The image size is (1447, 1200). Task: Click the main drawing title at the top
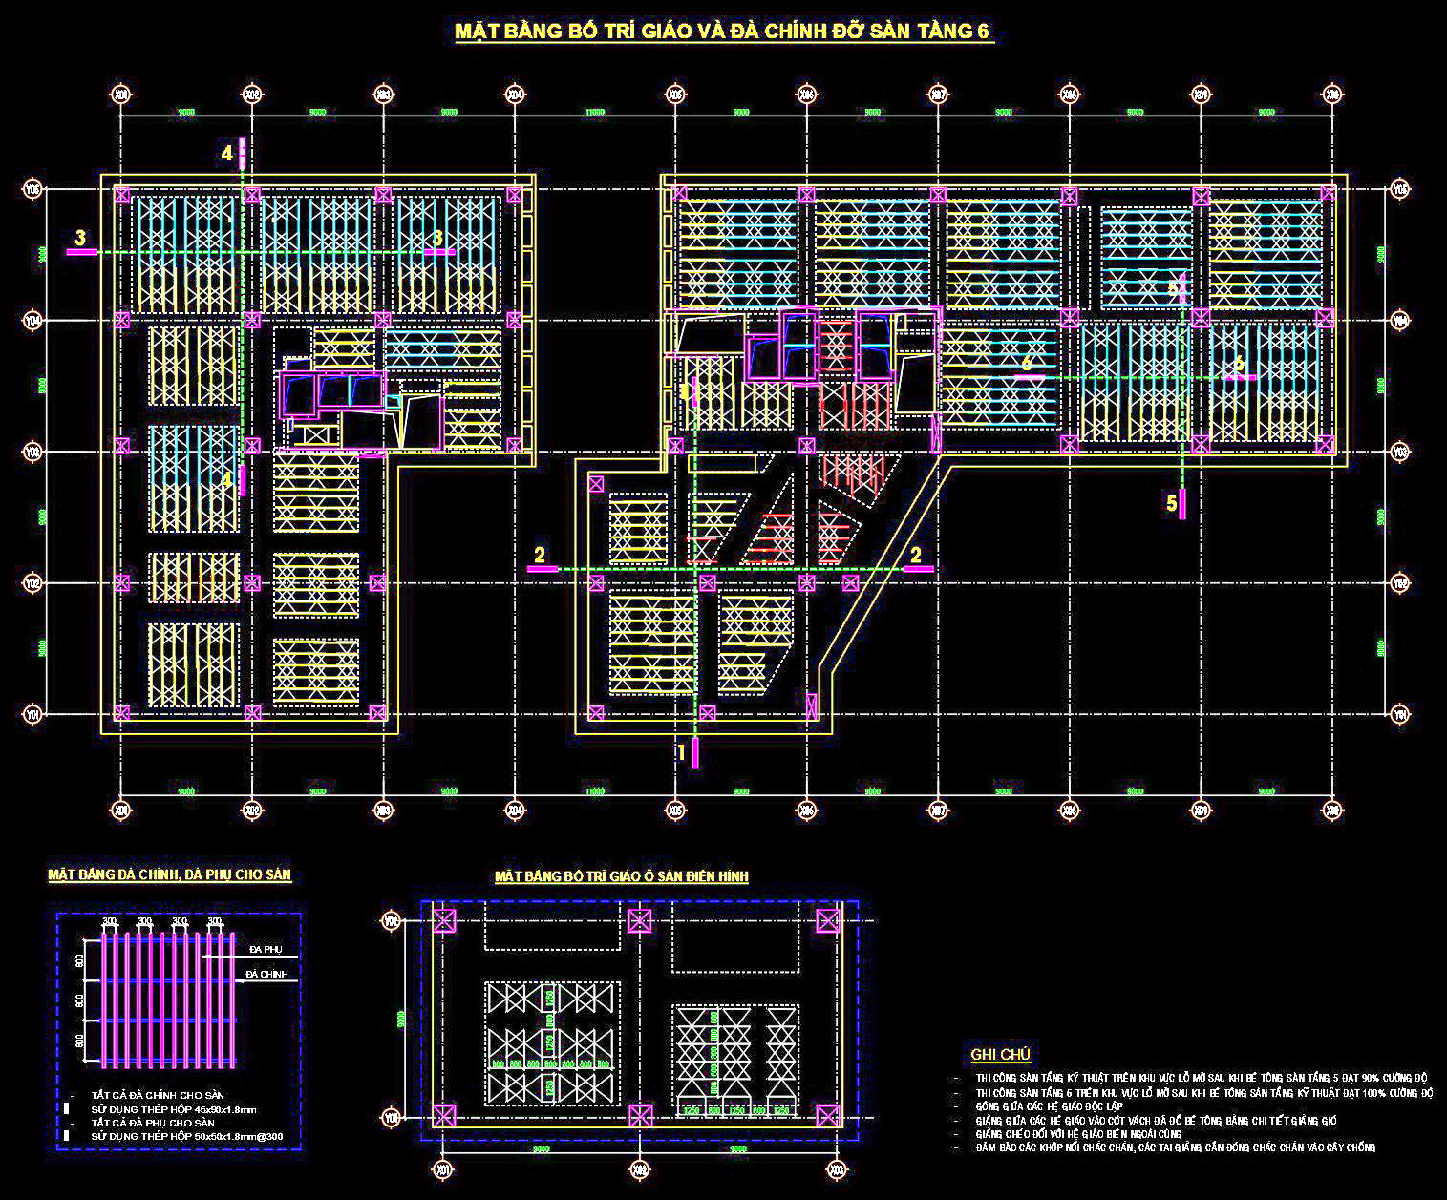pyautogui.click(x=723, y=31)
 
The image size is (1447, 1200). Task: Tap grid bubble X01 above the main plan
pyautogui.click(x=121, y=95)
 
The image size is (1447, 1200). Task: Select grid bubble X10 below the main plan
pyautogui.click(x=1332, y=811)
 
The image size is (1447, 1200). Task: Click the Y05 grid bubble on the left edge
pyautogui.click(x=33, y=189)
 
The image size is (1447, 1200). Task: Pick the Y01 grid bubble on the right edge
pyautogui.click(x=1400, y=713)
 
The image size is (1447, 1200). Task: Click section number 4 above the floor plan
pyautogui.click(x=226, y=153)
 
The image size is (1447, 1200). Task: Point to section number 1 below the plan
pyautogui.click(x=681, y=752)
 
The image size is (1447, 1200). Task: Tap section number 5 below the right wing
pyautogui.click(x=1171, y=504)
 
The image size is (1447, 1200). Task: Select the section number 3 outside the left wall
pyautogui.click(x=80, y=237)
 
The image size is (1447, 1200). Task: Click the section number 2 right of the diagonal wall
pyautogui.click(x=915, y=554)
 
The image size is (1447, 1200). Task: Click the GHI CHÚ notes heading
pyautogui.click(x=1000, y=1054)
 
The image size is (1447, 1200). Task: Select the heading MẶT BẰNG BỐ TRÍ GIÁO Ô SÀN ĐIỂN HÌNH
pyautogui.click(x=621, y=875)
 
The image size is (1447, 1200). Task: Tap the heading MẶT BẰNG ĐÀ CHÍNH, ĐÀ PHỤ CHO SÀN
pyautogui.click(x=169, y=874)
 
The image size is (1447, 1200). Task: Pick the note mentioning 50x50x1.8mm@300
pyautogui.click(x=186, y=1137)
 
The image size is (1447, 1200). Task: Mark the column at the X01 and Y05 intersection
pyautogui.click(x=122, y=195)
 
